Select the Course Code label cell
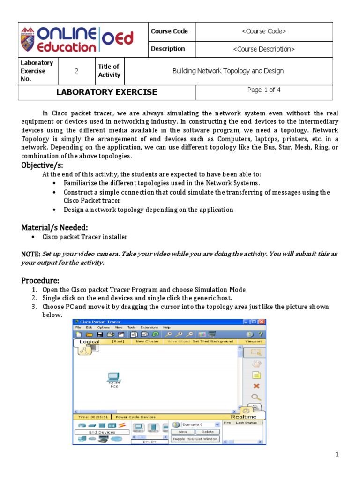(x=169, y=31)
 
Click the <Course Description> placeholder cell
(x=263, y=49)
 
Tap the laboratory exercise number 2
(x=76, y=71)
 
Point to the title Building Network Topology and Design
(x=228, y=71)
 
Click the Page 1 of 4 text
(x=264, y=90)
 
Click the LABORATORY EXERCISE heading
(x=107, y=92)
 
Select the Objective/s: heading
(x=42, y=165)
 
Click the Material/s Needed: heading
(x=55, y=227)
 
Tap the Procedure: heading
(x=40, y=280)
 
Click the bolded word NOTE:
(x=31, y=254)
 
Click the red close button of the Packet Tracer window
(x=262, y=322)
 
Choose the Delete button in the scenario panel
(x=208, y=432)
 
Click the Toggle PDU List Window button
(x=195, y=439)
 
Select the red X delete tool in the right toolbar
(x=256, y=386)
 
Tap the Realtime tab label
(x=243, y=417)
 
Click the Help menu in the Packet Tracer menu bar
(x=167, y=328)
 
